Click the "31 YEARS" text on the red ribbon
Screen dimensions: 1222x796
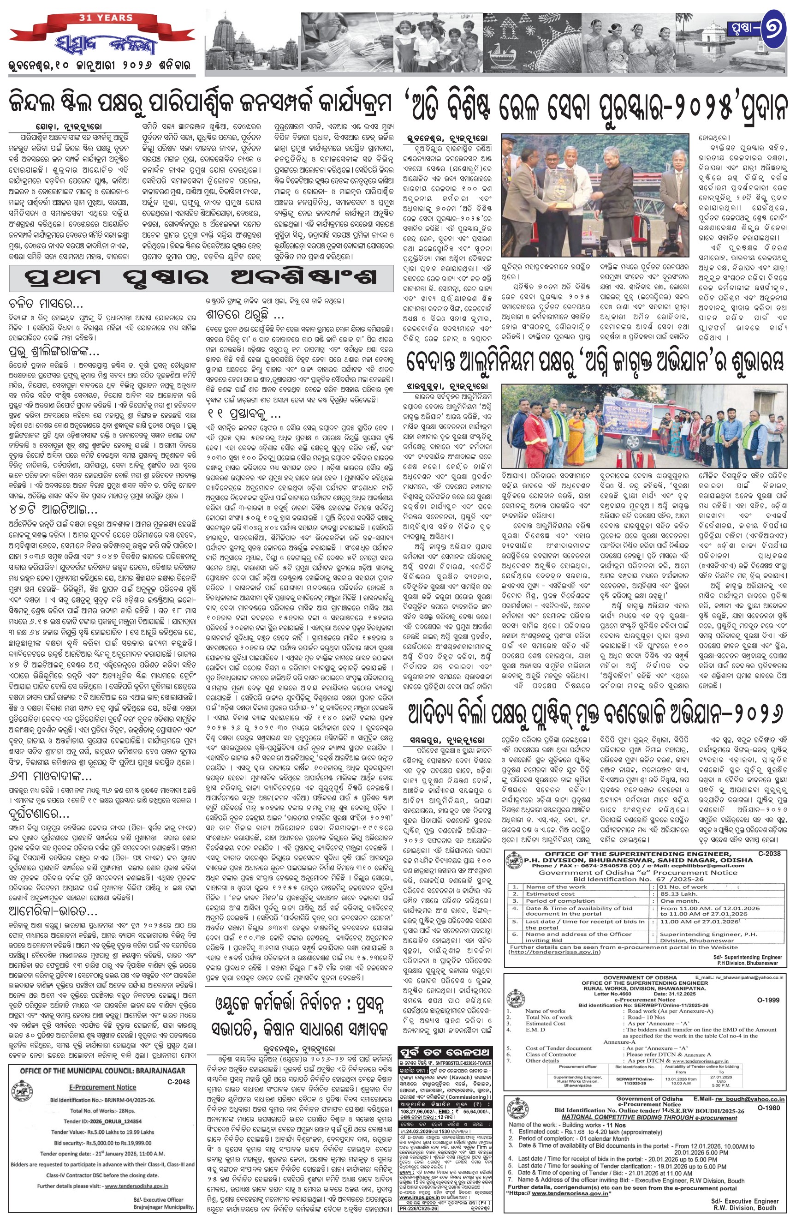point(106,18)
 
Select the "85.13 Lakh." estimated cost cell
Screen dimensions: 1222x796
point(675,893)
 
